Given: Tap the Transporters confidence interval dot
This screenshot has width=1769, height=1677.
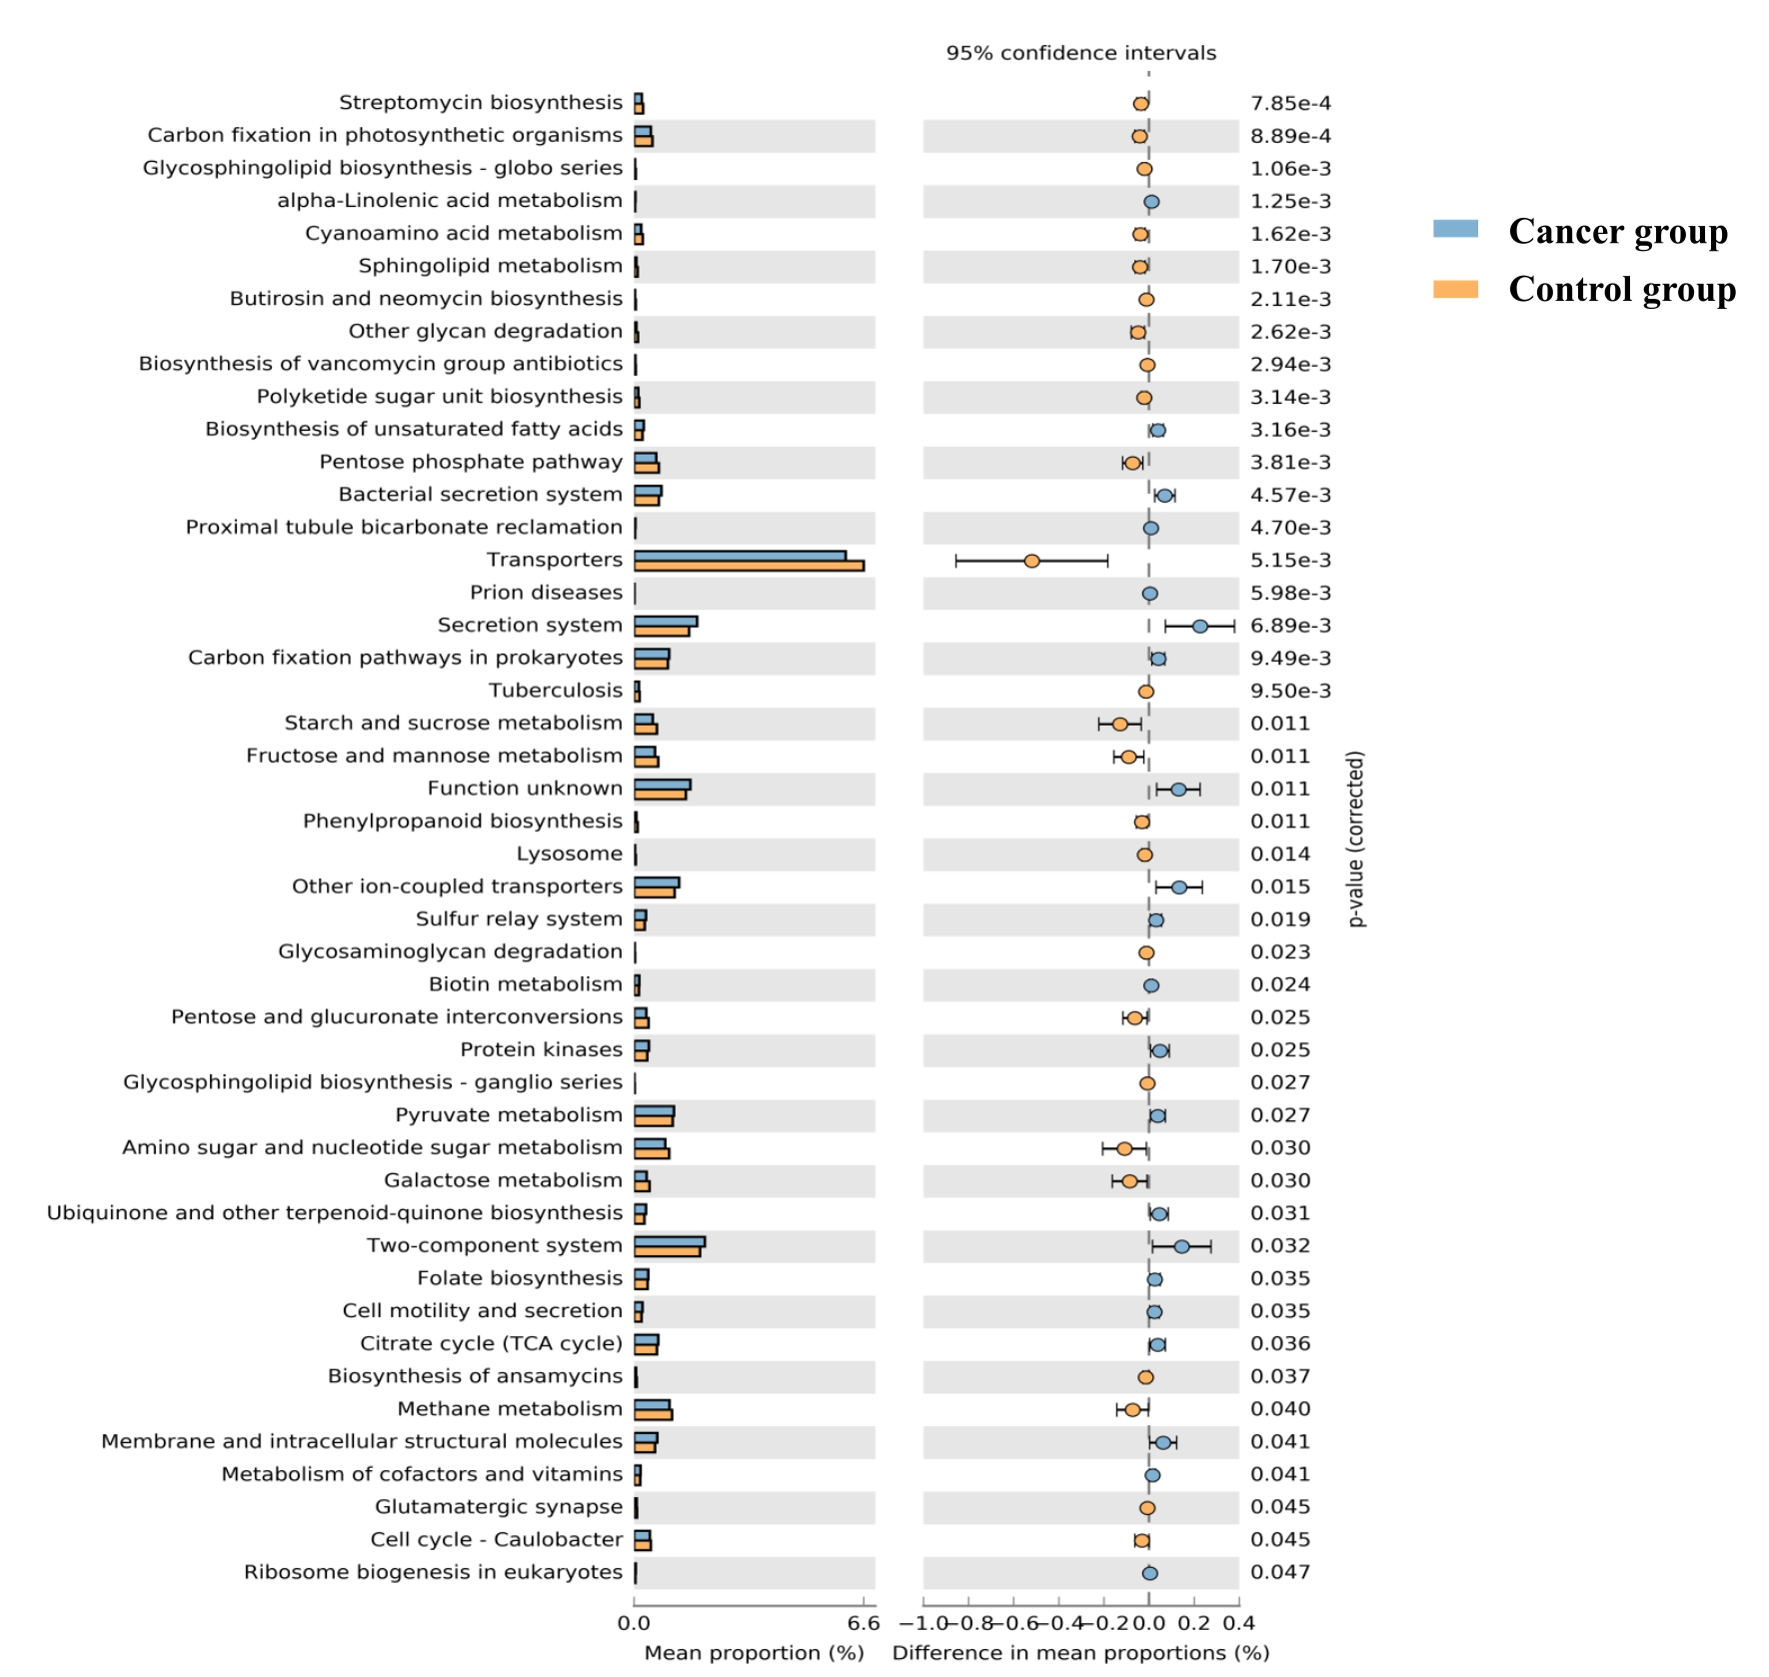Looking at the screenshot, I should click(1031, 561).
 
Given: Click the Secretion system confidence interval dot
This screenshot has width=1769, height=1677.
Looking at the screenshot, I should click(1199, 626).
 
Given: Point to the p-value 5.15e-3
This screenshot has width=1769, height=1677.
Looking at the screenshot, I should click(1290, 561).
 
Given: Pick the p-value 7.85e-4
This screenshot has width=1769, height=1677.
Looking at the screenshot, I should click(1290, 103).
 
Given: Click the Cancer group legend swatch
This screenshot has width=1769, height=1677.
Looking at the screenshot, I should click(1454, 229).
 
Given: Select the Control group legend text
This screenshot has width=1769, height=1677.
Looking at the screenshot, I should click(1621, 289).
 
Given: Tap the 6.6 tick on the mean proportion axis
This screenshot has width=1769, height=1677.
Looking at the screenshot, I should click(863, 1623).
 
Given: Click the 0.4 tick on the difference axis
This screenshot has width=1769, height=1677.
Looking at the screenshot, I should click(1238, 1623).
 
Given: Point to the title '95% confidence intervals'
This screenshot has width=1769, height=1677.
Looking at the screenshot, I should click(1080, 53).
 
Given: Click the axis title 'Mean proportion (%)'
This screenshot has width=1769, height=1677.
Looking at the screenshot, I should click(754, 1653).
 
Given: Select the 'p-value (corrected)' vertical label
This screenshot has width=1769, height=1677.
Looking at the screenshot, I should click(1355, 838).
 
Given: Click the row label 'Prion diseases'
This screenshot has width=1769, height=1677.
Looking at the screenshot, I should click(546, 593).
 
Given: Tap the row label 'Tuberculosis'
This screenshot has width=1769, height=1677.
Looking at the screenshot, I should click(555, 691).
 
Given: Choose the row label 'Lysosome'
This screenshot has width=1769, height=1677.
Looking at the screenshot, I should click(569, 853).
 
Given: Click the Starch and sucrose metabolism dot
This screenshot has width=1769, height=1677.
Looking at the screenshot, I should click(1119, 724).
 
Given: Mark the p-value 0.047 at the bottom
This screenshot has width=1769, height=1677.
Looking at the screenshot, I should click(1279, 1572).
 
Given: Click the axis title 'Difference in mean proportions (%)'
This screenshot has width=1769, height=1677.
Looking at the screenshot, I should click(1080, 1653).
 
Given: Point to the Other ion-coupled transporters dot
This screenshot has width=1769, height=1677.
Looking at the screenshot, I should click(1178, 887).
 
